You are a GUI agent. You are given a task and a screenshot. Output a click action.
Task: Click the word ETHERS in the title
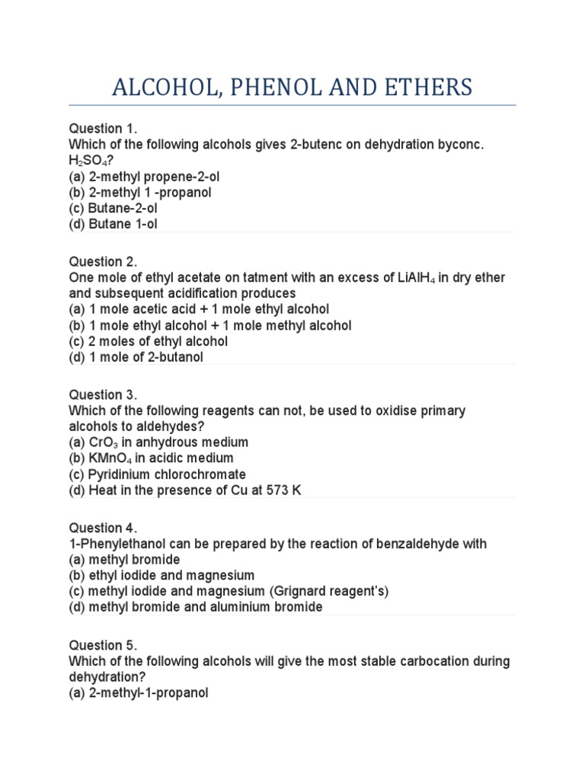click(424, 87)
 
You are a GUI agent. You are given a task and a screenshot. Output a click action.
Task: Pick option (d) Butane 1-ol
click(113, 224)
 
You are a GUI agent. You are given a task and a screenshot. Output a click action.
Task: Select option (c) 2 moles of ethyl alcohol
click(149, 341)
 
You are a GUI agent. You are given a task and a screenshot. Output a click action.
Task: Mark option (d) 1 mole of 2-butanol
click(136, 357)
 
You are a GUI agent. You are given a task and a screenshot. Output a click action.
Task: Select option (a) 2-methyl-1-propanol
click(139, 693)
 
